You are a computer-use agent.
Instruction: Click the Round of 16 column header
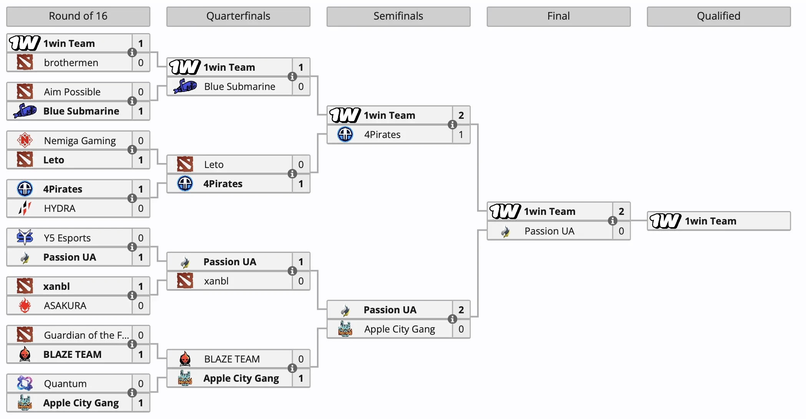pyautogui.click(x=78, y=16)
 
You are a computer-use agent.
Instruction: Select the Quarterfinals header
pyautogui.click(x=238, y=16)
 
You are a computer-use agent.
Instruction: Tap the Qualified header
pyautogui.click(x=718, y=16)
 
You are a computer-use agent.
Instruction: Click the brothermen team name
pyautogui.click(x=71, y=63)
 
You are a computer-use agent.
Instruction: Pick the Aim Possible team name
pyautogui.click(x=72, y=92)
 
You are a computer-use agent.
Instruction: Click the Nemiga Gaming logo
pyautogui.click(x=25, y=140)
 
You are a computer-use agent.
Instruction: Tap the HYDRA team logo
pyautogui.click(x=25, y=208)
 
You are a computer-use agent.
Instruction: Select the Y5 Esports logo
pyautogui.click(x=25, y=237)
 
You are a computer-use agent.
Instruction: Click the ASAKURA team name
pyautogui.click(x=65, y=306)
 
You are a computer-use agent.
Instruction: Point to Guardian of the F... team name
pyautogui.click(x=86, y=335)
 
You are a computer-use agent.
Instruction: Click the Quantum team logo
pyautogui.click(x=25, y=383)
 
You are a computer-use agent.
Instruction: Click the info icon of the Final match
pyautogui.click(x=612, y=221)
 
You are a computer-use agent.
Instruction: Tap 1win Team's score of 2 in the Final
pyautogui.click(x=621, y=211)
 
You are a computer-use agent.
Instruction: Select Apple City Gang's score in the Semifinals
pyautogui.click(x=461, y=329)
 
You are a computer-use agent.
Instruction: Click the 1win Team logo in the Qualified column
pyautogui.click(x=665, y=221)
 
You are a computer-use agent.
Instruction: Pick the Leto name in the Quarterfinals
pyautogui.click(x=214, y=165)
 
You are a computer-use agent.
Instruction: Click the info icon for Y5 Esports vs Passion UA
pyautogui.click(x=132, y=247)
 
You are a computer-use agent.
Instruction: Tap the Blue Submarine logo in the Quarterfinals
pyautogui.click(x=185, y=86)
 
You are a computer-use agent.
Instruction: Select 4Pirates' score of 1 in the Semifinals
pyautogui.click(x=461, y=135)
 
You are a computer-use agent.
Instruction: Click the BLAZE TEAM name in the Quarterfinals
pyautogui.click(x=232, y=359)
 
